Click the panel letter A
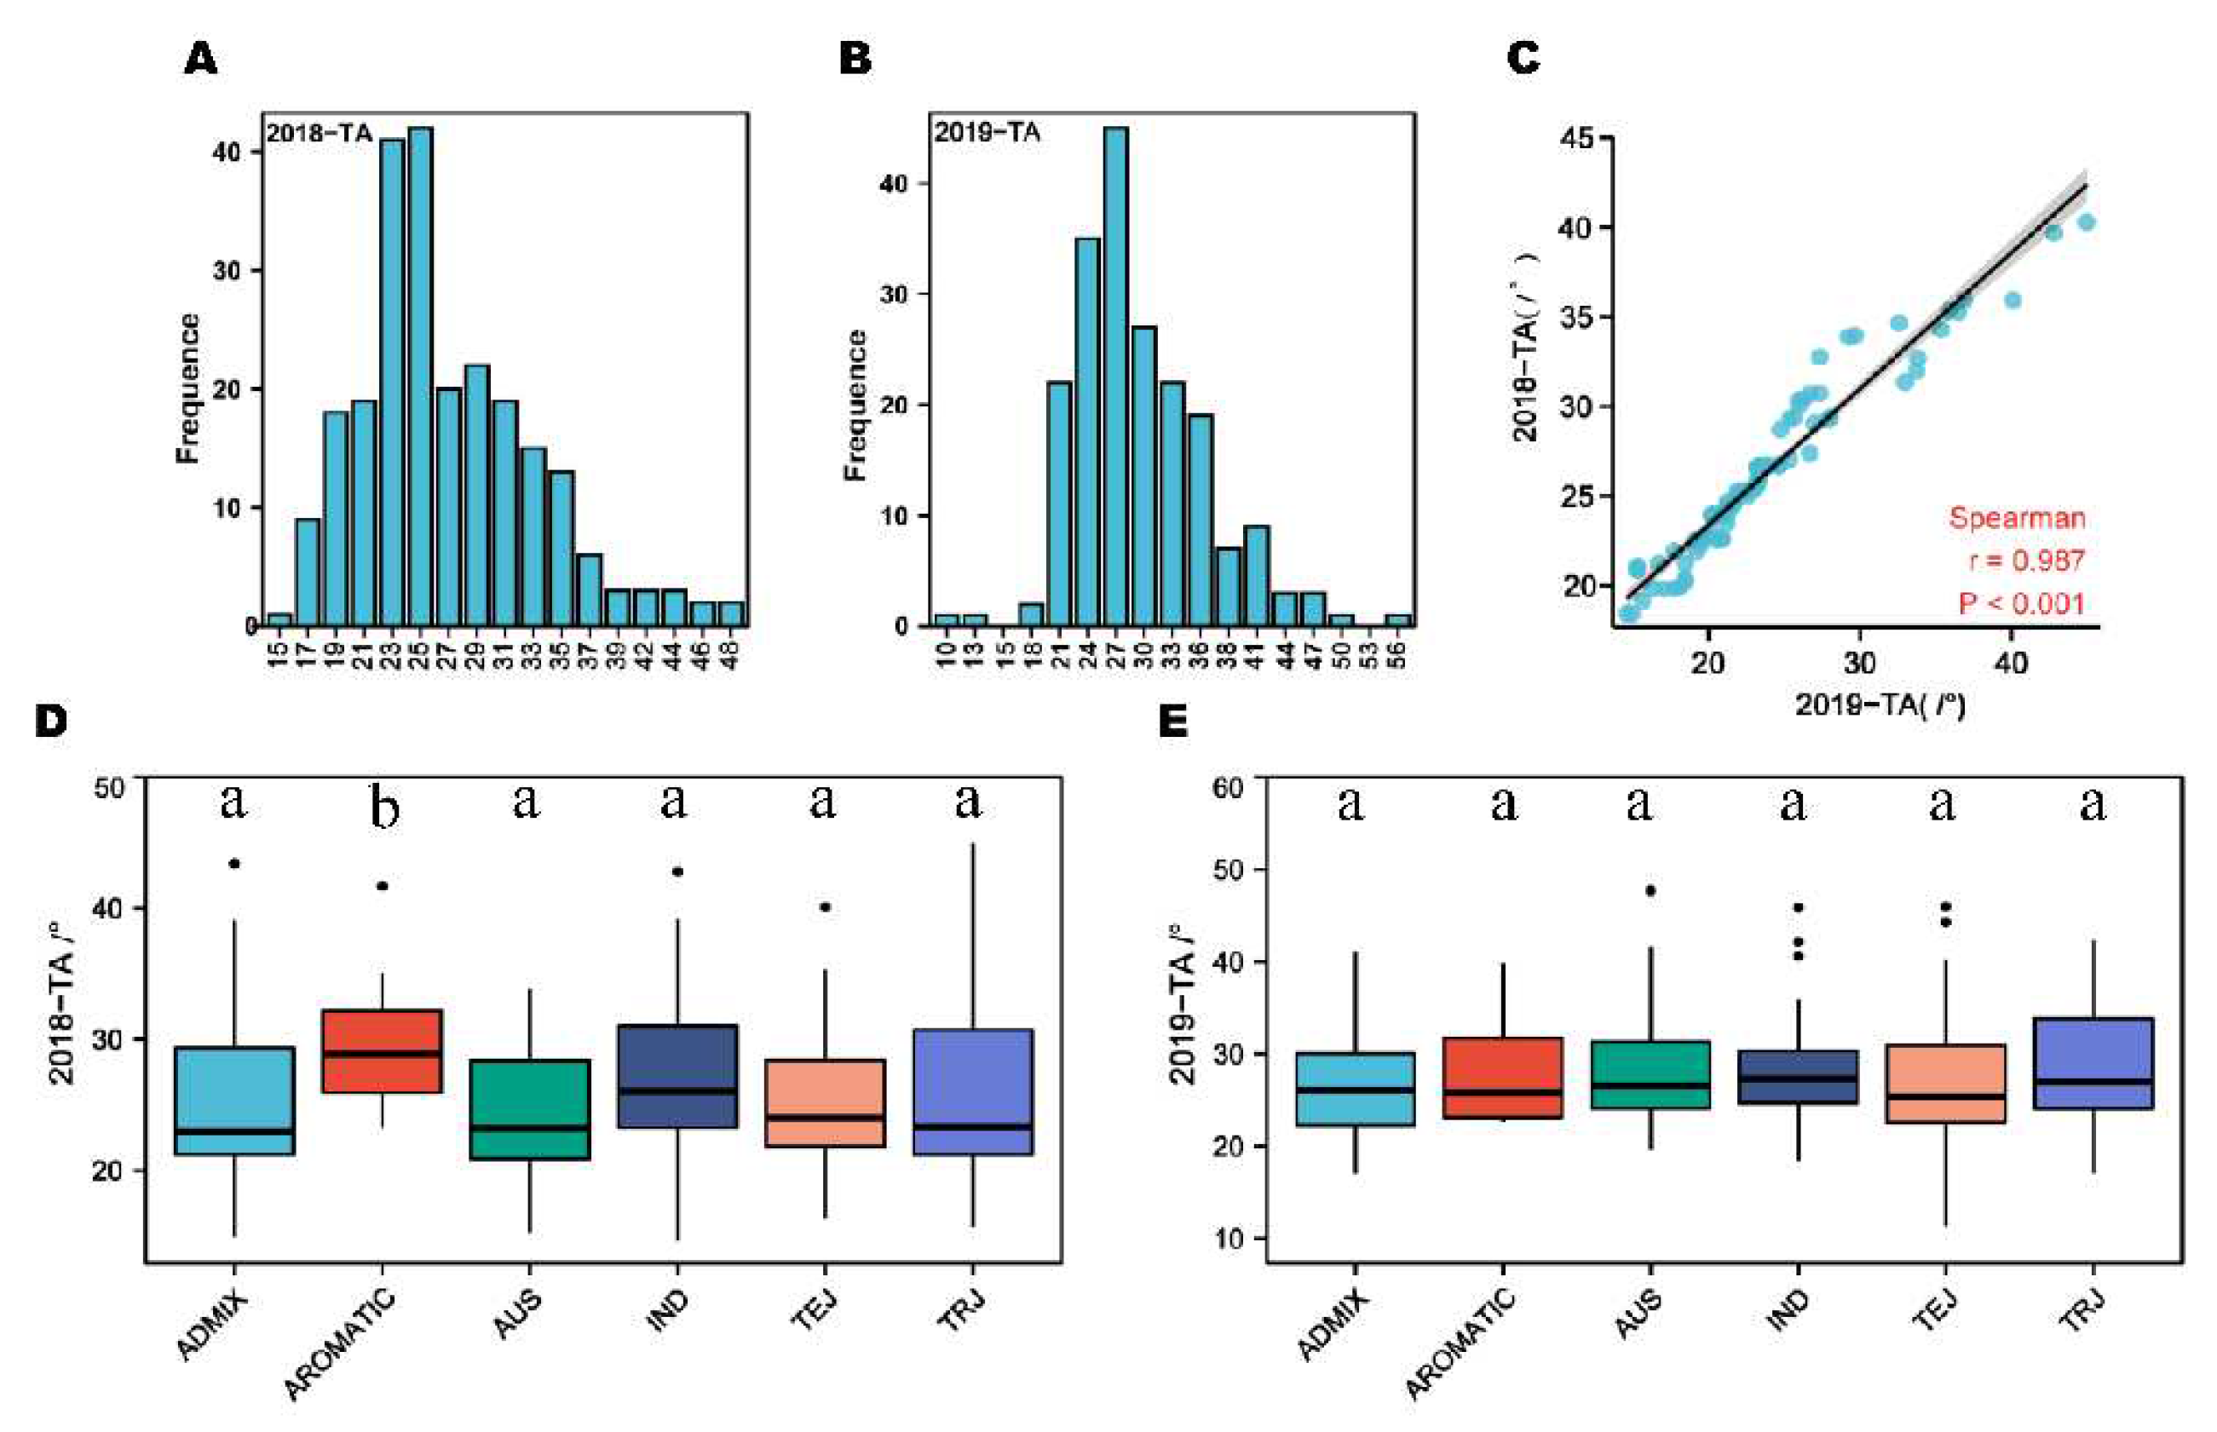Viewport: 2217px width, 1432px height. [x=201, y=60]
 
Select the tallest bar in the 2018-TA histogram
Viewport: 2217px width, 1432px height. [x=419, y=377]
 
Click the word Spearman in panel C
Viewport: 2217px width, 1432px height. [x=2016, y=518]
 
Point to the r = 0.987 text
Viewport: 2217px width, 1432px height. [x=2026, y=561]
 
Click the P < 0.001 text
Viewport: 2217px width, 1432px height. [x=2021, y=603]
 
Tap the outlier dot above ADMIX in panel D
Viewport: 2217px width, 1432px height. [x=234, y=864]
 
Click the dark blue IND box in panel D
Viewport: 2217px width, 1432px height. [x=677, y=1076]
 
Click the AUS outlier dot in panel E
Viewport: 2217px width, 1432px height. [x=1650, y=890]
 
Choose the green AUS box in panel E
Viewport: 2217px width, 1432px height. [x=1650, y=1074]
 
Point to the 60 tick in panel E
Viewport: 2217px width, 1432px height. [x=1228, y=788]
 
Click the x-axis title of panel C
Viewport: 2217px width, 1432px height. [x=1880, y=704]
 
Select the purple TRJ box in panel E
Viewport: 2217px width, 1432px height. [x=2093, y=1063]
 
